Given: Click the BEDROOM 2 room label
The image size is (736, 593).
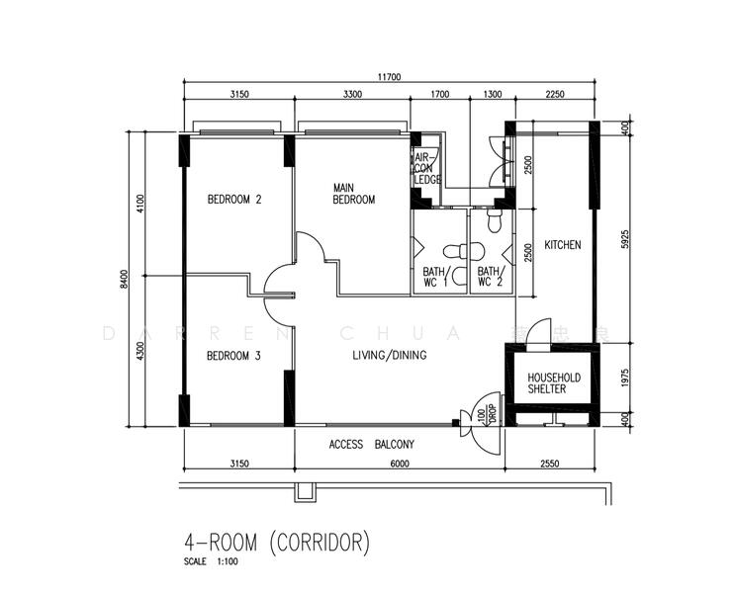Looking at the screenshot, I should point(233,200).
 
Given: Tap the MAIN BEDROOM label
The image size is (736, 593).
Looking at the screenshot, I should point(353,194).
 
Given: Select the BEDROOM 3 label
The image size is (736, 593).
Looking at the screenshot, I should point(233,356).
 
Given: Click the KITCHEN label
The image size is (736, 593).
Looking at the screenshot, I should point(562,245).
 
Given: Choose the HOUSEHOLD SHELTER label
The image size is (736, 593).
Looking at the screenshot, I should point(553,383).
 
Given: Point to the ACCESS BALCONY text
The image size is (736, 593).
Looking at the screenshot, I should point(371,445).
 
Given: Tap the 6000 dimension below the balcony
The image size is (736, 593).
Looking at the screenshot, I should point(399,462).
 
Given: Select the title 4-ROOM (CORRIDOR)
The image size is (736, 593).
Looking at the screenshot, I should point(277,542).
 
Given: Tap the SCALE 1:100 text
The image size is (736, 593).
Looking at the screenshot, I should point(211,561).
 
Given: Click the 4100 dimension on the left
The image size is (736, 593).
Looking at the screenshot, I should point(141,204).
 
